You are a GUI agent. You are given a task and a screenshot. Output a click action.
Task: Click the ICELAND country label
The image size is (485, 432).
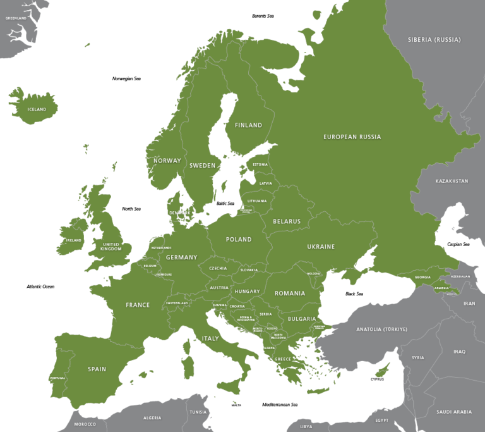click(37, 109)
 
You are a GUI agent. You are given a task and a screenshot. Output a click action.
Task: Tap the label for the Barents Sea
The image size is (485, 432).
click(263, 16)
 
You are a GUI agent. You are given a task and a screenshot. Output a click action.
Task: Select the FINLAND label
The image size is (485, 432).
click(248, 125)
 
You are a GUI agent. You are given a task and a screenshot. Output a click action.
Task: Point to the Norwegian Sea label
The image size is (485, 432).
click(126, 78)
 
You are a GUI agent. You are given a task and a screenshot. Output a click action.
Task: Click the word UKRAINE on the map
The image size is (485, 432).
click(321, 247)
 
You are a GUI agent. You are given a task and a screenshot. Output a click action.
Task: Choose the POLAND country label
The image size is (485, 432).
click(239, 240)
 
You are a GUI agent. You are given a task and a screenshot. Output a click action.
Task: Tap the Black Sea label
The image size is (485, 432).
click(354, 293)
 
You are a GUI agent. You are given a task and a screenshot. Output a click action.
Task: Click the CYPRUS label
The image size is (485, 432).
click(377, 380)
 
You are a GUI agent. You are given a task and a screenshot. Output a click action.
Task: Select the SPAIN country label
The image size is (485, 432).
click(97, 369)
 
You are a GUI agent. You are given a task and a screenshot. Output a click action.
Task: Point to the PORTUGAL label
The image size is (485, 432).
click(57, 378)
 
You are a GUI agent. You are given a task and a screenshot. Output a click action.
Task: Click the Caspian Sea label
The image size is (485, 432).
click(458, 244)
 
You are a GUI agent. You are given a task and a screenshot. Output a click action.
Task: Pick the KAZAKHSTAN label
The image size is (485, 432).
click(452, 181)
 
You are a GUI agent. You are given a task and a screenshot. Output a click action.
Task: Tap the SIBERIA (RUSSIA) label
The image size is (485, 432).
click(434, 40)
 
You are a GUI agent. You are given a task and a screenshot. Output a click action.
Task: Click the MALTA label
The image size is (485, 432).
click(236, 405)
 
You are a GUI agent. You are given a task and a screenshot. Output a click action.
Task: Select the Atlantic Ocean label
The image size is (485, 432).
click(40, 287)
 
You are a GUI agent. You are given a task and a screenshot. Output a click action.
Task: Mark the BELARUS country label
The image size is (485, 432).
click(287, 221)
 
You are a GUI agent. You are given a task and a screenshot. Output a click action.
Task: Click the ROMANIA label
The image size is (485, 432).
click(289, 293)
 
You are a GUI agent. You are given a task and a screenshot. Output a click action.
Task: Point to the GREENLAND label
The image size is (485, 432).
click(16, 18)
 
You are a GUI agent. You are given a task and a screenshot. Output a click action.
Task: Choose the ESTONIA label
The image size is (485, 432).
click(260, 164)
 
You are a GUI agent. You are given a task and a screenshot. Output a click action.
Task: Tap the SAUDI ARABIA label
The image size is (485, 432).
click(453, 412)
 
